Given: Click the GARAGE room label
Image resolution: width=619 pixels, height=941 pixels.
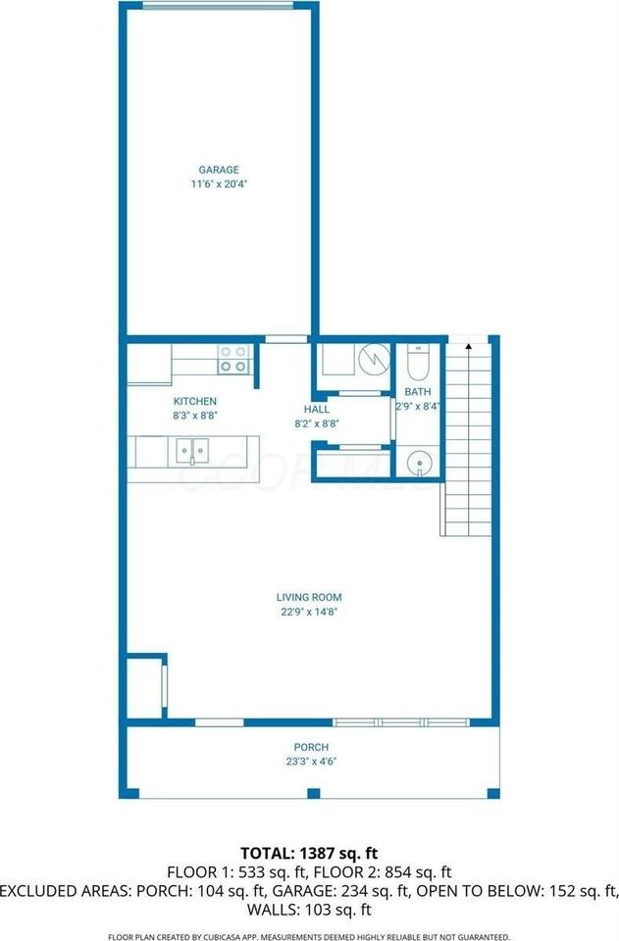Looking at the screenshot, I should click(218, 170).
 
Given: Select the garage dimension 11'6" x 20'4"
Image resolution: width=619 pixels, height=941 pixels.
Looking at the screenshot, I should click(218, 183).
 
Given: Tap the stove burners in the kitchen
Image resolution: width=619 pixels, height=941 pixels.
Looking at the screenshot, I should click(233, 359).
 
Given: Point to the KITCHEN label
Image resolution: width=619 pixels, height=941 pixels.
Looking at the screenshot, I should click(195, 401).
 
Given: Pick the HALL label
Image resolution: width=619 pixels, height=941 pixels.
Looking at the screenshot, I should click(316, 410).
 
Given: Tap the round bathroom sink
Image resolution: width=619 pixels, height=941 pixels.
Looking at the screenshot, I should click(420, 461).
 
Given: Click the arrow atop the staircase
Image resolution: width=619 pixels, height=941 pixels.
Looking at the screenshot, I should click(468, 345).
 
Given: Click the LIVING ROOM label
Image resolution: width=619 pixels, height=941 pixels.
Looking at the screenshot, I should click(308, 596).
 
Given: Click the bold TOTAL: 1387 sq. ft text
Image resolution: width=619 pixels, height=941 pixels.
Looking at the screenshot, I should click(310, 853).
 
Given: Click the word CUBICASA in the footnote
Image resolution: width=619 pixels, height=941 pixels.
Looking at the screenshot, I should click(253, 935).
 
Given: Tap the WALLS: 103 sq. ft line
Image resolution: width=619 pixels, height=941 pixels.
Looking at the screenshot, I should click(310, 909).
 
